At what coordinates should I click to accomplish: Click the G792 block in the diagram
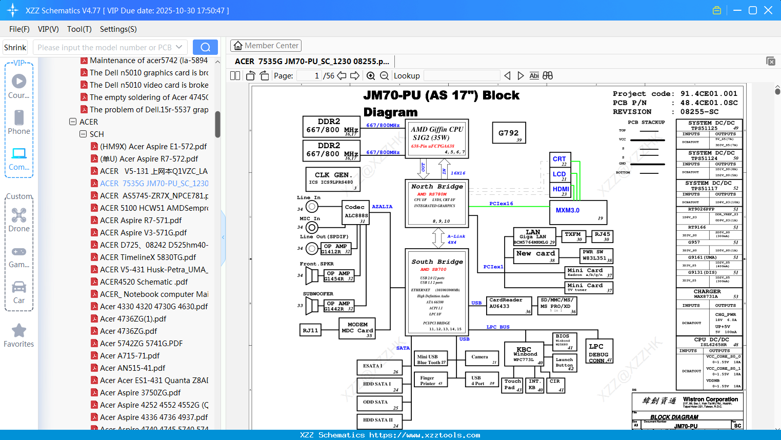coord(509,133)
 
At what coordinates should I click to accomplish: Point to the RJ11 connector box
coord(310,330)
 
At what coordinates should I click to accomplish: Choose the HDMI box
coord(560,190)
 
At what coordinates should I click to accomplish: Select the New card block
coord(535,255)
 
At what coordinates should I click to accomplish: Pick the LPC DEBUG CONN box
coord(599,353)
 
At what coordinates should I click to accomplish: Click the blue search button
coord(205,47)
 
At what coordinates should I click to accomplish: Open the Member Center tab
coord(266,46)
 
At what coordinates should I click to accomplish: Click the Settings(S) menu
coord(118,29)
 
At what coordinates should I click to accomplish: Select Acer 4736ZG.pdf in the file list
coord(128,331)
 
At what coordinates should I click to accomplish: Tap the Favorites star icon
coord(19,331)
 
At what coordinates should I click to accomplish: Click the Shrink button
coord(15,47)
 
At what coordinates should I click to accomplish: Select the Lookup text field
coord(462,76)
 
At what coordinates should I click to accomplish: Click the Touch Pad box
coord(512,385)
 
